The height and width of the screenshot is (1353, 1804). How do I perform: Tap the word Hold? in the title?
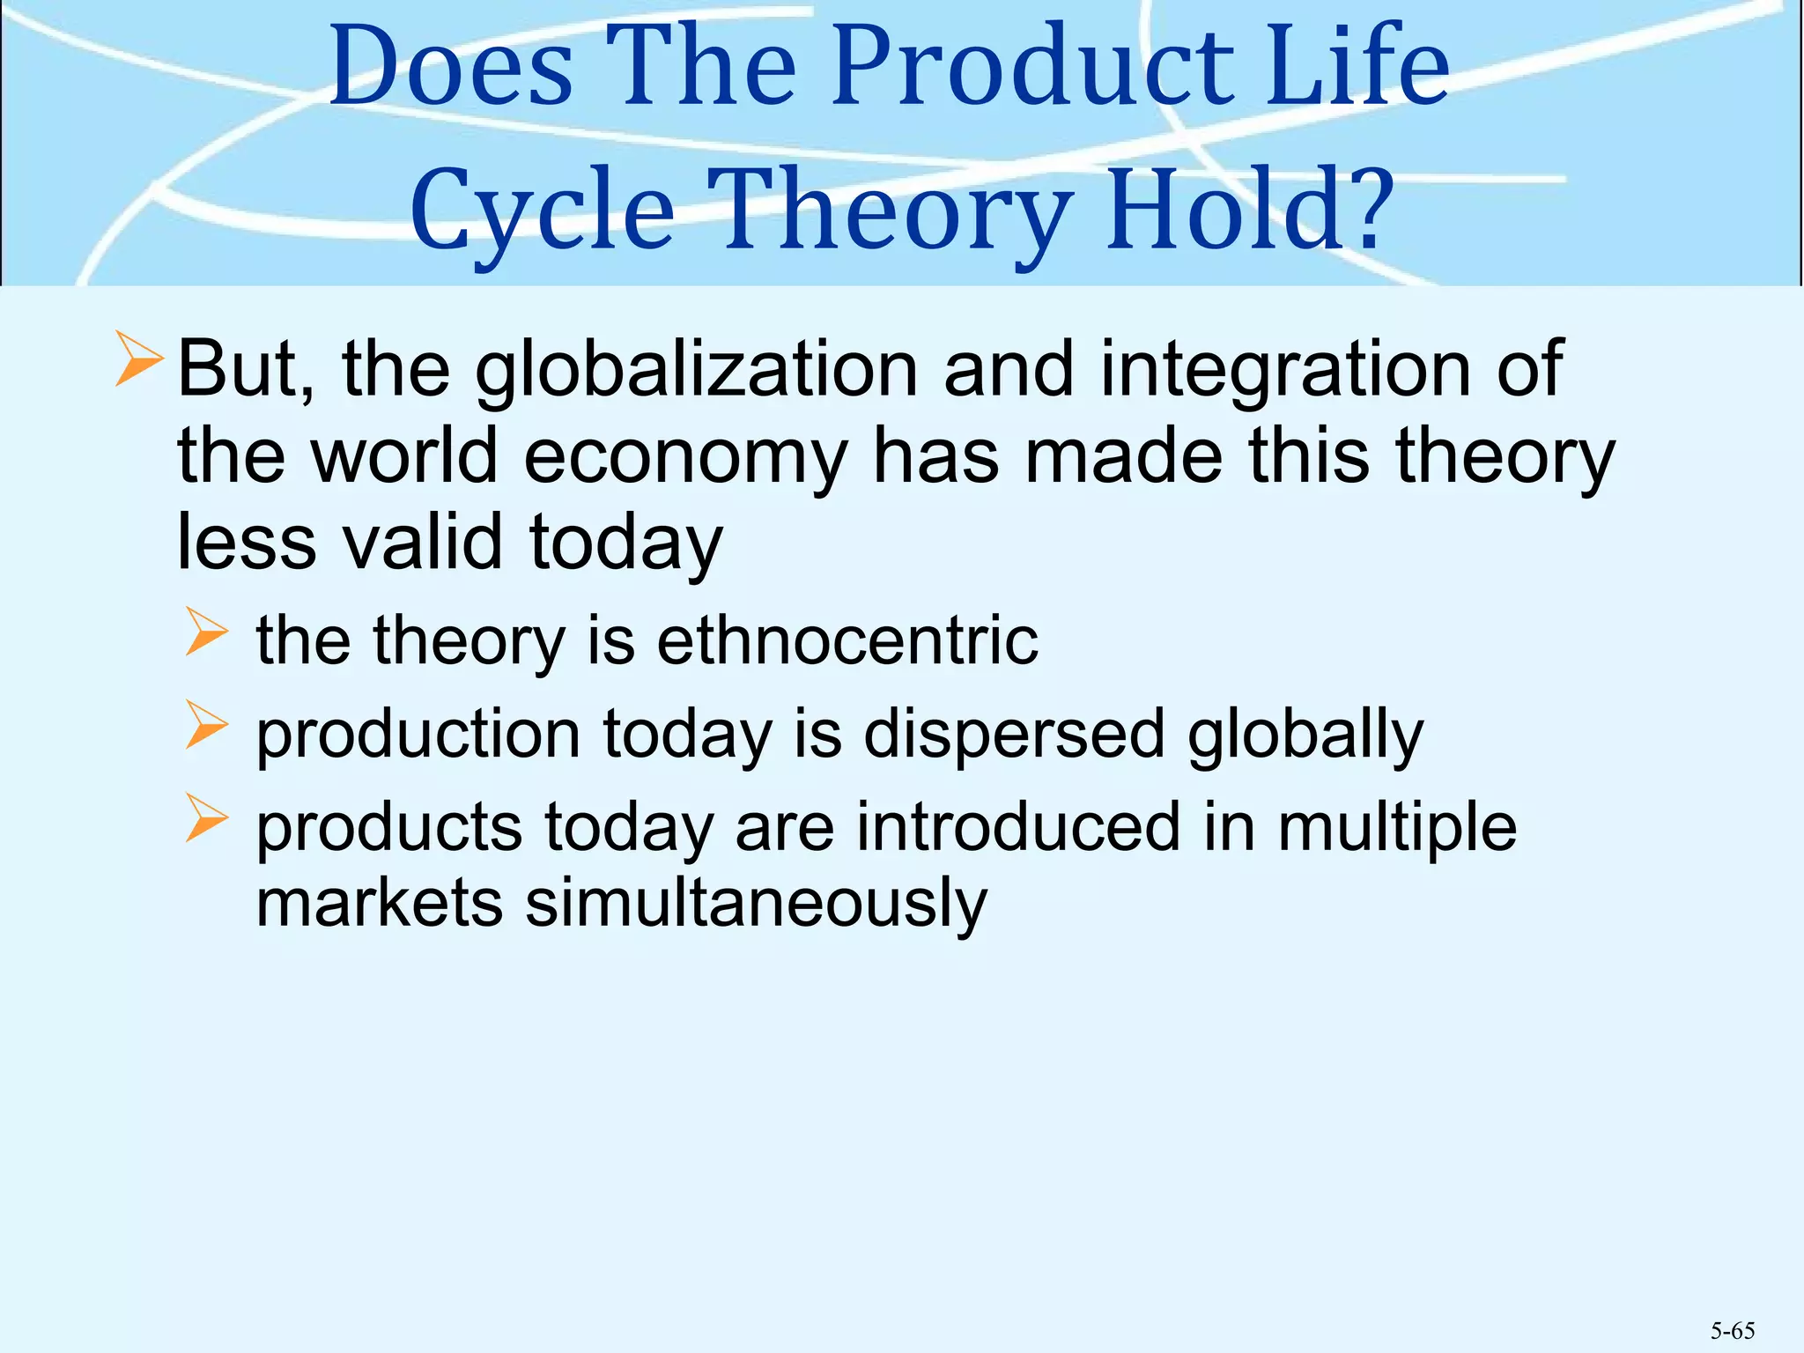tap(1251, 211)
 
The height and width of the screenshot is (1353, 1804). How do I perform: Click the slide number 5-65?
tap(1732, 1330)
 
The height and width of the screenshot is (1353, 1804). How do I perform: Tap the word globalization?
tap(696, 370)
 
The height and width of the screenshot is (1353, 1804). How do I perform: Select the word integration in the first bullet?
tap(1287, 370)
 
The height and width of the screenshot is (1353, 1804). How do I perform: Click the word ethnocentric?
tap(847, 640)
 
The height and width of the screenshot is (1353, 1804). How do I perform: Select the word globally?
tap(1305, 736)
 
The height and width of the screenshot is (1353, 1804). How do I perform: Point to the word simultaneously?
tap(756, 904)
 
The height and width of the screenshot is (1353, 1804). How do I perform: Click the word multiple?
tap(1397, 827)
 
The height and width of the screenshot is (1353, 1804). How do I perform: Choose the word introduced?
tap(1017, 827)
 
